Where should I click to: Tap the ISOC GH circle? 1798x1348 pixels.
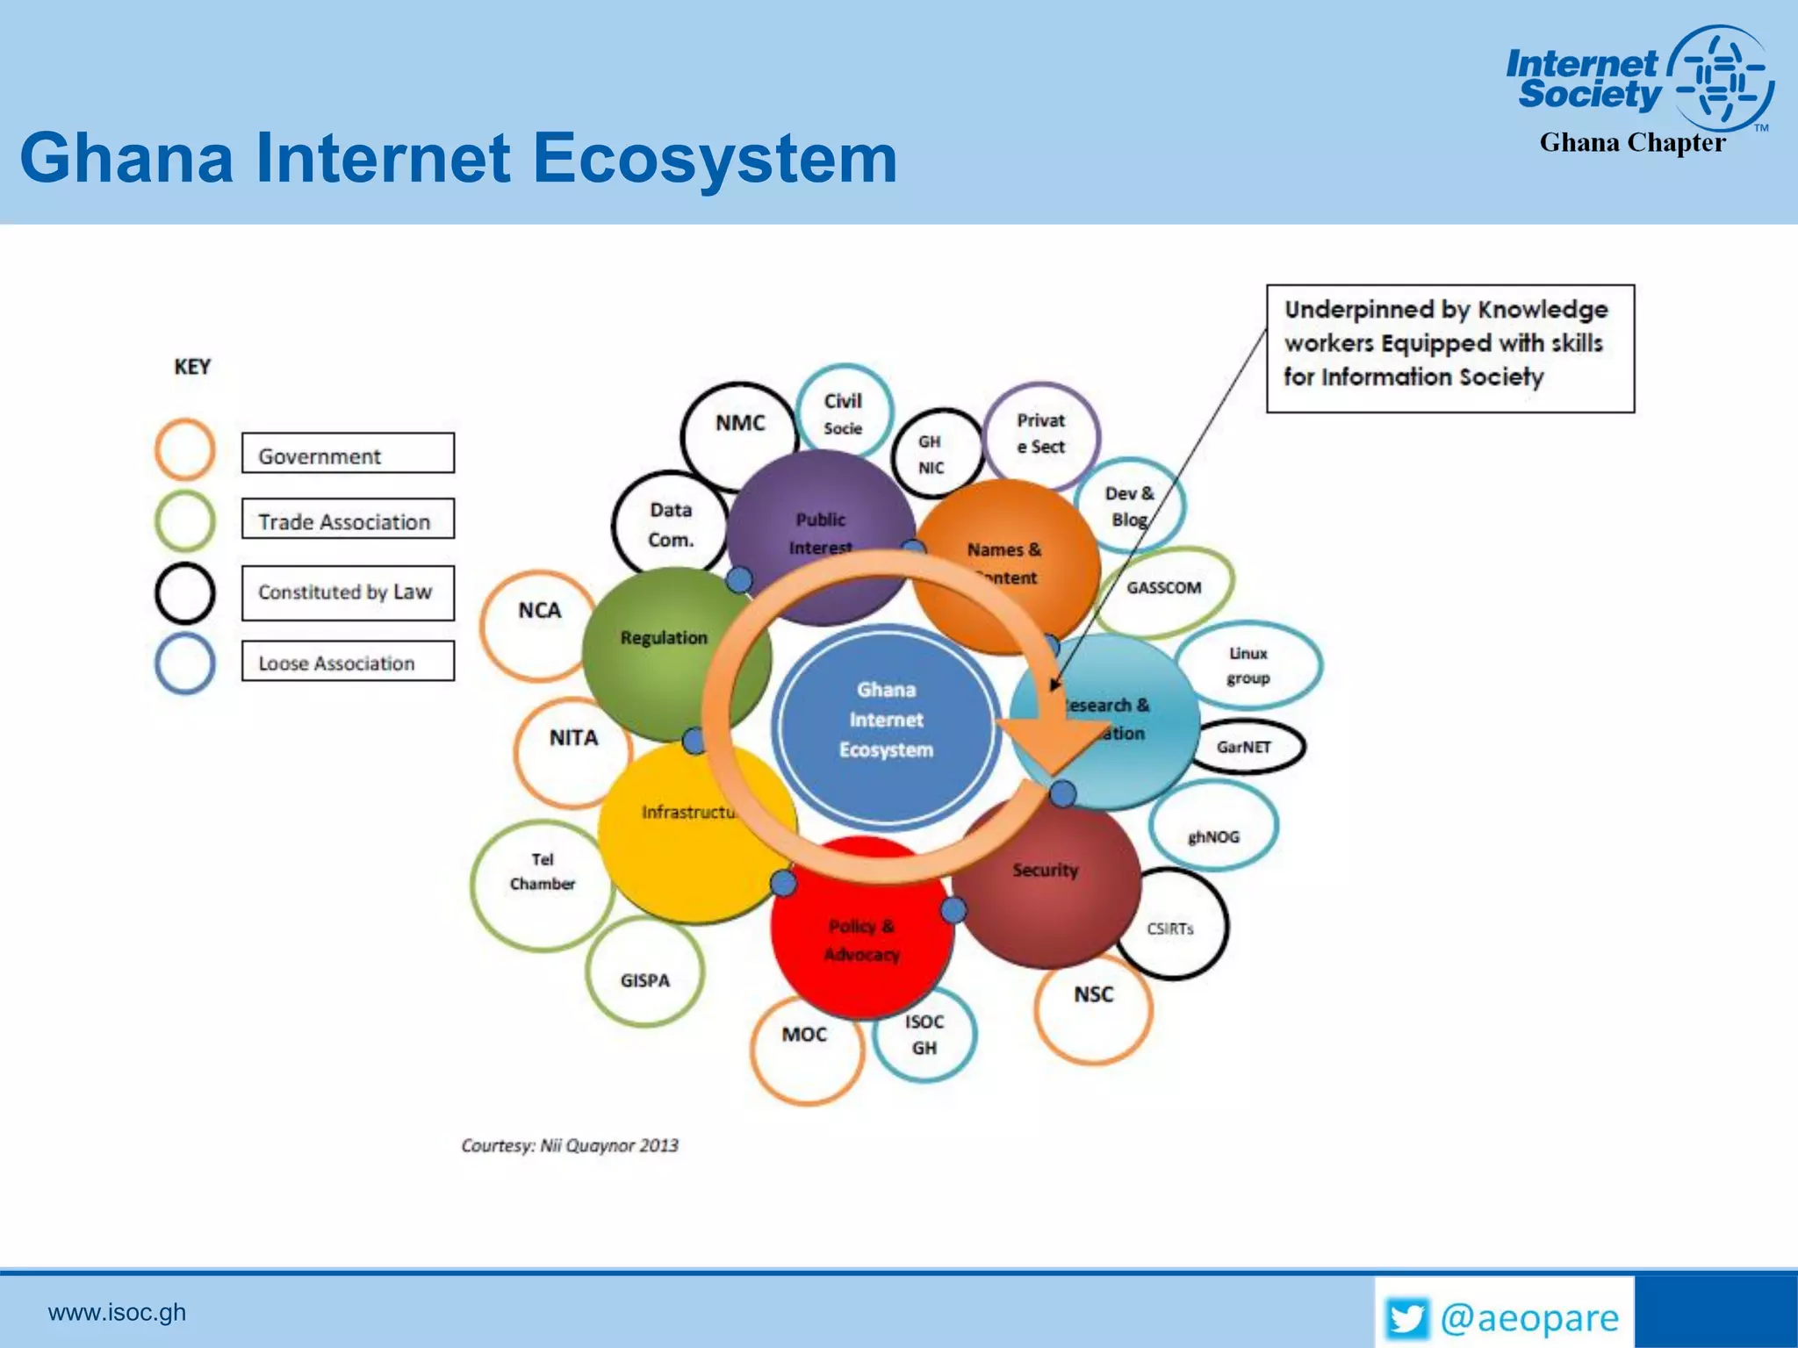point(924,1036)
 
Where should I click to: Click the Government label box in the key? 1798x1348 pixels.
point(348,453)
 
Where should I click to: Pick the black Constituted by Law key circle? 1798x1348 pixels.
point(184,593)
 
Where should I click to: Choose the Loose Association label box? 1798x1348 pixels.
point(348,661)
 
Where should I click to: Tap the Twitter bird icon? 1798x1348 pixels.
point(1406,1317)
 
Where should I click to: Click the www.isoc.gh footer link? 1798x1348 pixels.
point(117,1312)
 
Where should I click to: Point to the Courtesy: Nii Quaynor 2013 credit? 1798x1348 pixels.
point(570,1145)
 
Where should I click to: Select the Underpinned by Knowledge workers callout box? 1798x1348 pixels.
point(1449,348)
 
